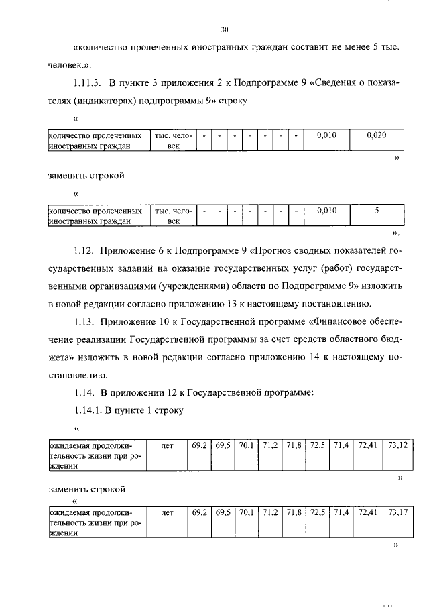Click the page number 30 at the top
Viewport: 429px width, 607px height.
(x=224, y=30)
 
